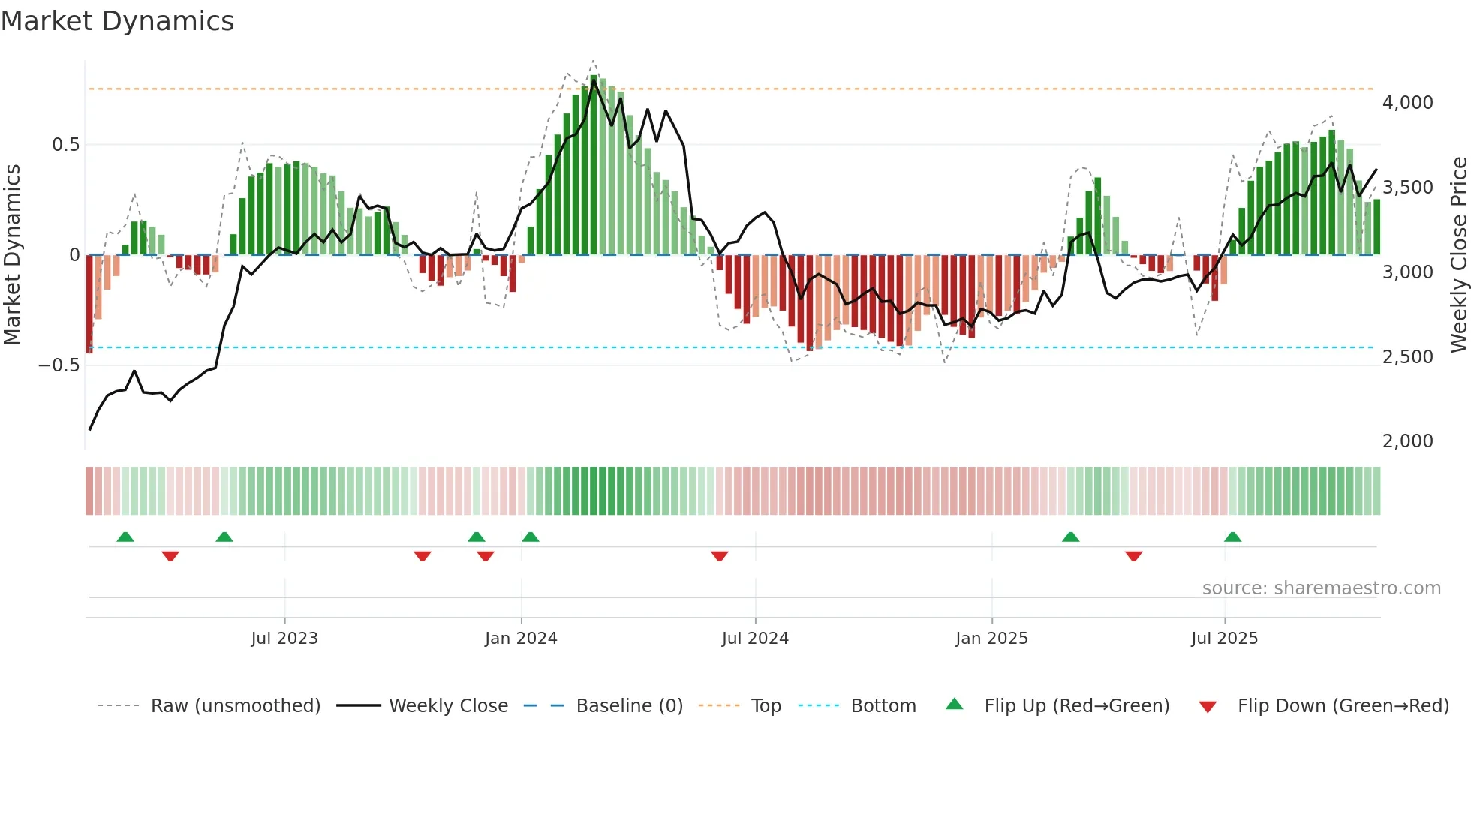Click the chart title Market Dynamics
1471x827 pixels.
118,21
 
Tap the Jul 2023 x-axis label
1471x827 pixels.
284,639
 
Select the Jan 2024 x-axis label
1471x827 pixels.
521,639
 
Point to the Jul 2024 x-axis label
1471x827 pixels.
755,639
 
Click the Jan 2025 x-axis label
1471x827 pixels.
991,639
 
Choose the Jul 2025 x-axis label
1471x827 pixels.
1224,639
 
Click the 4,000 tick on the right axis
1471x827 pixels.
1407,103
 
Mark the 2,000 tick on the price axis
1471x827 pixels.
1407,441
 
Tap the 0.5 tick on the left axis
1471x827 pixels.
66,145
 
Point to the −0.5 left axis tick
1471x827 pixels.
59,365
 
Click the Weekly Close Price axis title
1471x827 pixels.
1458,255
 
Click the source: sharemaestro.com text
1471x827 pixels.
1321,588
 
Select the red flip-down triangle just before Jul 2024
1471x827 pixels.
720,556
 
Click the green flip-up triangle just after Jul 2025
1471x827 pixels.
1232,537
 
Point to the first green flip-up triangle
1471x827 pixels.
125,537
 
